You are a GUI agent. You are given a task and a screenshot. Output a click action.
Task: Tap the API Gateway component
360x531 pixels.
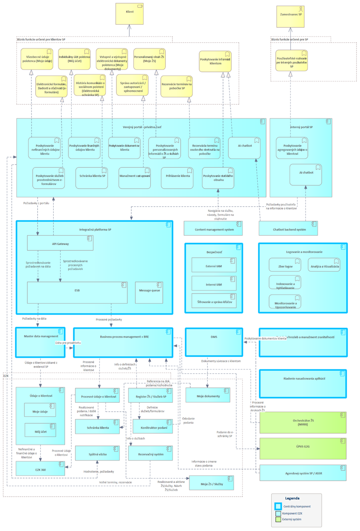[60, 243]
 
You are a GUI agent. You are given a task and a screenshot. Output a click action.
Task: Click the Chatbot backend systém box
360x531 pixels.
[288, 229]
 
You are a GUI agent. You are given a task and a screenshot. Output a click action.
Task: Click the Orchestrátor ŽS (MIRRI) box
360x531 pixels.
[303, 421]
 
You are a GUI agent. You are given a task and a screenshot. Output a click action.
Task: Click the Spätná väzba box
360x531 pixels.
[97, 454]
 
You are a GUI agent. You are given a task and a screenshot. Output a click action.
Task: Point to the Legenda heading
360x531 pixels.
[297, 498]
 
